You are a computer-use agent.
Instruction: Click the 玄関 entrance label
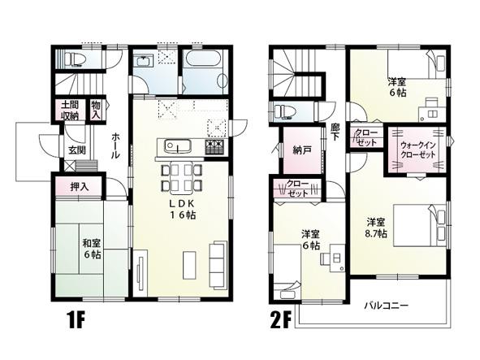coord(76,150)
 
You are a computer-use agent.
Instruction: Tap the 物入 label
coord(97,110)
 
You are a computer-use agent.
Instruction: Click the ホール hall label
coord(116,146)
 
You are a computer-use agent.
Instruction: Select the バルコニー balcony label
coord(386,306)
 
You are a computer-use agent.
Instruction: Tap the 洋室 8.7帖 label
coord(375,228)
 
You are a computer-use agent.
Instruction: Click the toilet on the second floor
coord(286,111)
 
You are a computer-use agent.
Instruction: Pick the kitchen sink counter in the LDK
coord(177,146)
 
